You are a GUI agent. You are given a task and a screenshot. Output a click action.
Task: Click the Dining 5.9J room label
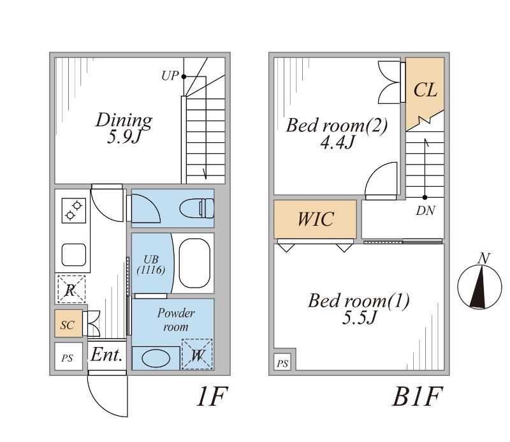124,128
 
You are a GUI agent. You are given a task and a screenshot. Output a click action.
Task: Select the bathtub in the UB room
196,263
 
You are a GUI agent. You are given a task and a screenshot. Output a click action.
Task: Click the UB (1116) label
151,265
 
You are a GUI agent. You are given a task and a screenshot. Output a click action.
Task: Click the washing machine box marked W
197,355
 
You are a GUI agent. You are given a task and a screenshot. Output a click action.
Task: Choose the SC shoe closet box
68,325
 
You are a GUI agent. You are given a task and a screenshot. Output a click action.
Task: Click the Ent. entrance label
106,355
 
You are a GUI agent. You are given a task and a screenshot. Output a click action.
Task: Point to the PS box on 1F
67,358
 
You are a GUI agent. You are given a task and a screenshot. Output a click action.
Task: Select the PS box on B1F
283,364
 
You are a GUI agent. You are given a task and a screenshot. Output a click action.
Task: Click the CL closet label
425,89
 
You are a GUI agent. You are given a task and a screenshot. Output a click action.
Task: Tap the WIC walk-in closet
315,219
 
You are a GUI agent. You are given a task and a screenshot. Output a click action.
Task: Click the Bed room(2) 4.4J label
337,133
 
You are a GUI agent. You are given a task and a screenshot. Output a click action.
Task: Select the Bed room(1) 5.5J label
358,308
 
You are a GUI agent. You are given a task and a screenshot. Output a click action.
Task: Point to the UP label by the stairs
170,76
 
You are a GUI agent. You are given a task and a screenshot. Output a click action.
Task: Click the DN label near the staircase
425,211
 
